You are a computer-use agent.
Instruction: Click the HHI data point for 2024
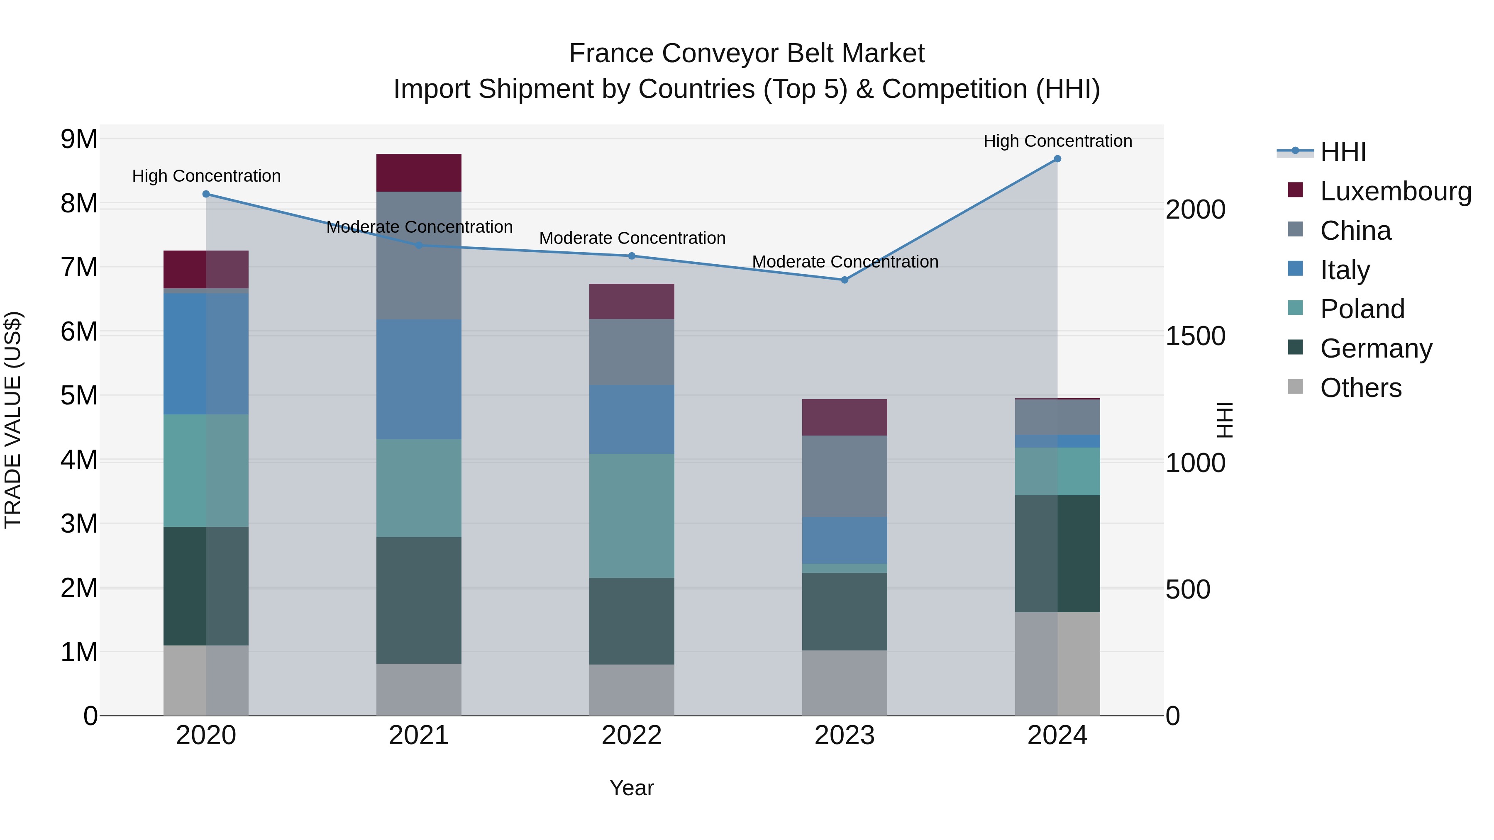point(1057,159)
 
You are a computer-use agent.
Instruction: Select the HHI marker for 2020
point(206,194)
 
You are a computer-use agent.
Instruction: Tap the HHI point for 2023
point(845,280)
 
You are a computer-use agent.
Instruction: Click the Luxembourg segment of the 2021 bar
point(419,173)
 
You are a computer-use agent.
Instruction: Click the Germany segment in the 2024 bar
point(1057,554)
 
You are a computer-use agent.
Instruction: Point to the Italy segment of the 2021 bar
point(419,379)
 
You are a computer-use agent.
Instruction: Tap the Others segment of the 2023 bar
point(845,683)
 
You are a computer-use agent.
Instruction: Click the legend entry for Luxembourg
point(1395,191)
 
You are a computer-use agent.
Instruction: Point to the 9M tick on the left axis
point(79,139)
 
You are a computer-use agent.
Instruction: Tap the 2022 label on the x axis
point(632,735)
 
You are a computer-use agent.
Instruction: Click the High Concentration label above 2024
point(1057,141)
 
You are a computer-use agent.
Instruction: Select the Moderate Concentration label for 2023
point(845,262)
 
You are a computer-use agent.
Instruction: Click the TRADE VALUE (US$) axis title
point(13,420)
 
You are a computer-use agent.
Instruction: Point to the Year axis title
point(632,788)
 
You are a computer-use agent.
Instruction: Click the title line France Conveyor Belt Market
point(747,54)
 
